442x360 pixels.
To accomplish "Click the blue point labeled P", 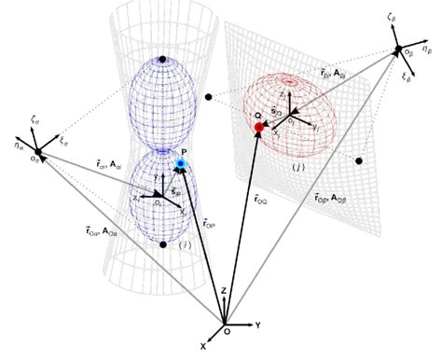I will [x=181, y=164].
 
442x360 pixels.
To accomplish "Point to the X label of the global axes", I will [x=201, y=346].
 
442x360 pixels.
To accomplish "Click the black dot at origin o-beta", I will [x=398, y=48].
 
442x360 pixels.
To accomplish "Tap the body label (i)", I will [x=185, y=245].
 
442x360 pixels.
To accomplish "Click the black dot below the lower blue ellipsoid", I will [x=162, y=245].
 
